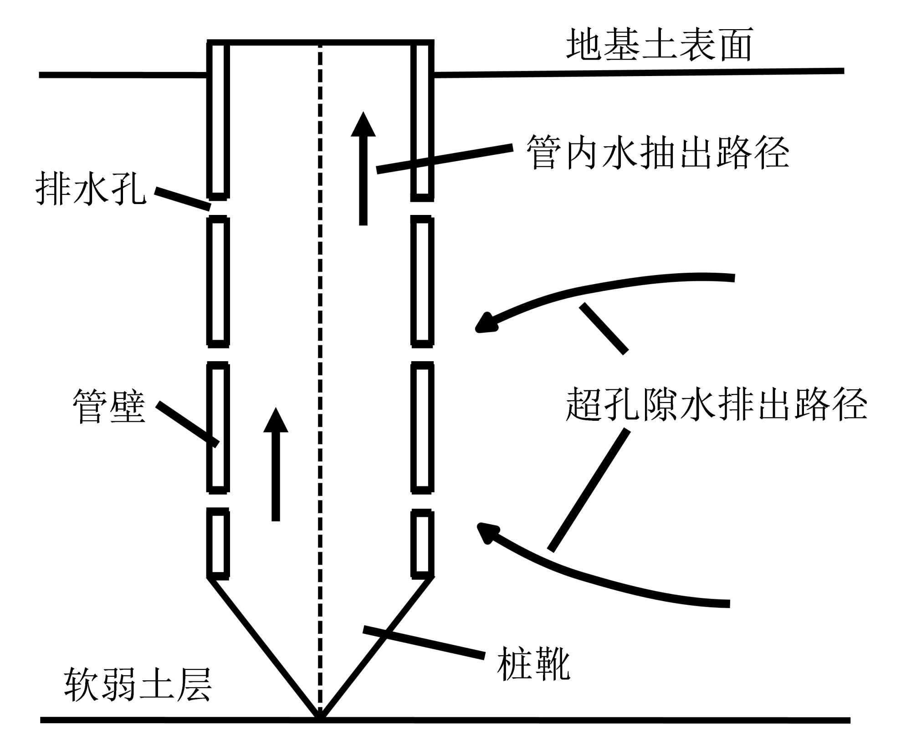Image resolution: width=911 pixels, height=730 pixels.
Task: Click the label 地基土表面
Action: [x=659, y=45]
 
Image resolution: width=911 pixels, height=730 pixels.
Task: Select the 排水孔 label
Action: [x=91, y=189]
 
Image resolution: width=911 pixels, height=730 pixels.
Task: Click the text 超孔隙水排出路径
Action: [x=716, y=404]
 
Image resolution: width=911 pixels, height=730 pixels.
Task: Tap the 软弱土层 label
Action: [x=138, y=684]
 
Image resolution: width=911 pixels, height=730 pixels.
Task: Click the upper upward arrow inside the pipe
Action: [x=363, y=168]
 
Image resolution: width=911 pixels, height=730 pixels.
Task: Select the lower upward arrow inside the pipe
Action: [x=276, y=465]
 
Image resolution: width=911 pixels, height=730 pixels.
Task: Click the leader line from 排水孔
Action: [x=182, y=199]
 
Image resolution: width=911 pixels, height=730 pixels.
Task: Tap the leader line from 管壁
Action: [x=187, y=424]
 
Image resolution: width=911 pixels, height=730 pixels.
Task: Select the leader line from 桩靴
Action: [x=424, y=643]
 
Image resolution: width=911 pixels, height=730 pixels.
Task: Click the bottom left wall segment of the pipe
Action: [x=218, y=543]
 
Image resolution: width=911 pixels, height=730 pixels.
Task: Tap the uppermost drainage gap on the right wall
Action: [x=422, y=209]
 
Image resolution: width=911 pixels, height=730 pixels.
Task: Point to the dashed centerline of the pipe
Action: [x=320, y=364]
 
